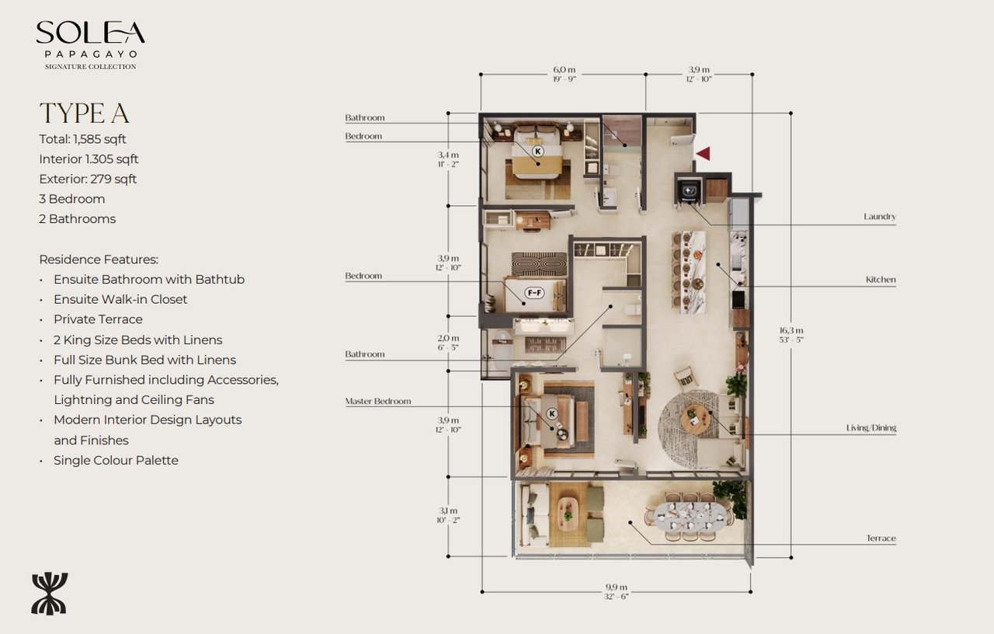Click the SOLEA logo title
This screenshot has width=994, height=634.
click(x=90, y=33)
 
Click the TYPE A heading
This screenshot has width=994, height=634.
click(x=84, y=113)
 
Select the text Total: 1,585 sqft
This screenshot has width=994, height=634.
click(x=82, y=139)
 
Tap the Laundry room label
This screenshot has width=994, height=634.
click(x=880, y=217)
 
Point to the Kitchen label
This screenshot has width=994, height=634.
click(x=881, y=280)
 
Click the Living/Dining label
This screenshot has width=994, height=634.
click(x=871, y=428)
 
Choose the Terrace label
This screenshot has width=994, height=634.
click(x=881, y=538)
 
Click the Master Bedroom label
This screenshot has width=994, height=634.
click(x=378, y=402)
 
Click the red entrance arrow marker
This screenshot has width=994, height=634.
click(x=703, y=154)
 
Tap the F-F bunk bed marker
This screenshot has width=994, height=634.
click(x=534, y=293)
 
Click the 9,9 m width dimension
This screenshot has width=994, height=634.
click(x=617, y=591)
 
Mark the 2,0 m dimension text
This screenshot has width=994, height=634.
click(x=449, y=343)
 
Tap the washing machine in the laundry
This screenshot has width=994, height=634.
click(x=686, y=190)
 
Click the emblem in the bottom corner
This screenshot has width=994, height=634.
click(x=50, y=594)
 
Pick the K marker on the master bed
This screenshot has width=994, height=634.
click(x=553, y=414)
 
